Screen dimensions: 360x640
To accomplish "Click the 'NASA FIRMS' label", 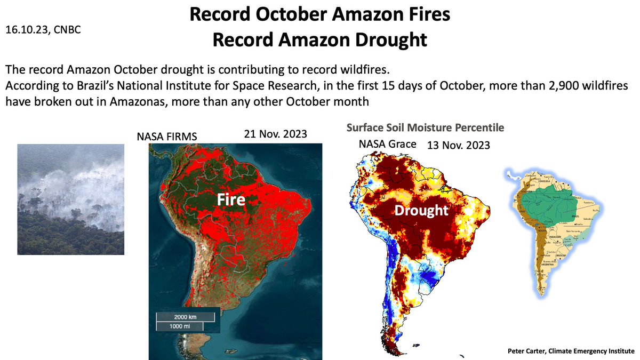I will point(167,137).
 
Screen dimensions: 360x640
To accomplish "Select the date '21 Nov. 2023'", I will point(275,134).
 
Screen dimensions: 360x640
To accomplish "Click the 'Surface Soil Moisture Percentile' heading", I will point(425,128).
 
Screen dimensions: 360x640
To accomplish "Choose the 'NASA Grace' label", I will point(388,144).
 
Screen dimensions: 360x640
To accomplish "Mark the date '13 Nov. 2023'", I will point(458,145).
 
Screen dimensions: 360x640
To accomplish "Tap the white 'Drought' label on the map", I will point(421,210).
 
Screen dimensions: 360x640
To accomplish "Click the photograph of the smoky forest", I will point(70,199).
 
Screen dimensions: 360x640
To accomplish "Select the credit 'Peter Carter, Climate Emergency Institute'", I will point(571,351).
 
